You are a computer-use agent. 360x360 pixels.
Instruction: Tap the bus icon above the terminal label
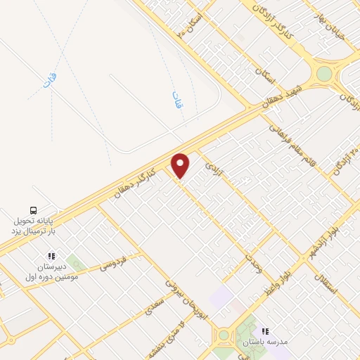pos(33,210)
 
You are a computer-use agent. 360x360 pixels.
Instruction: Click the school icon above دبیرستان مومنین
pos(51,257)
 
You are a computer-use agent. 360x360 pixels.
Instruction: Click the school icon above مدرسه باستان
pos(265,330)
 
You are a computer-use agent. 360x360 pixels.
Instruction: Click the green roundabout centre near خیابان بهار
pos(323,74)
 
